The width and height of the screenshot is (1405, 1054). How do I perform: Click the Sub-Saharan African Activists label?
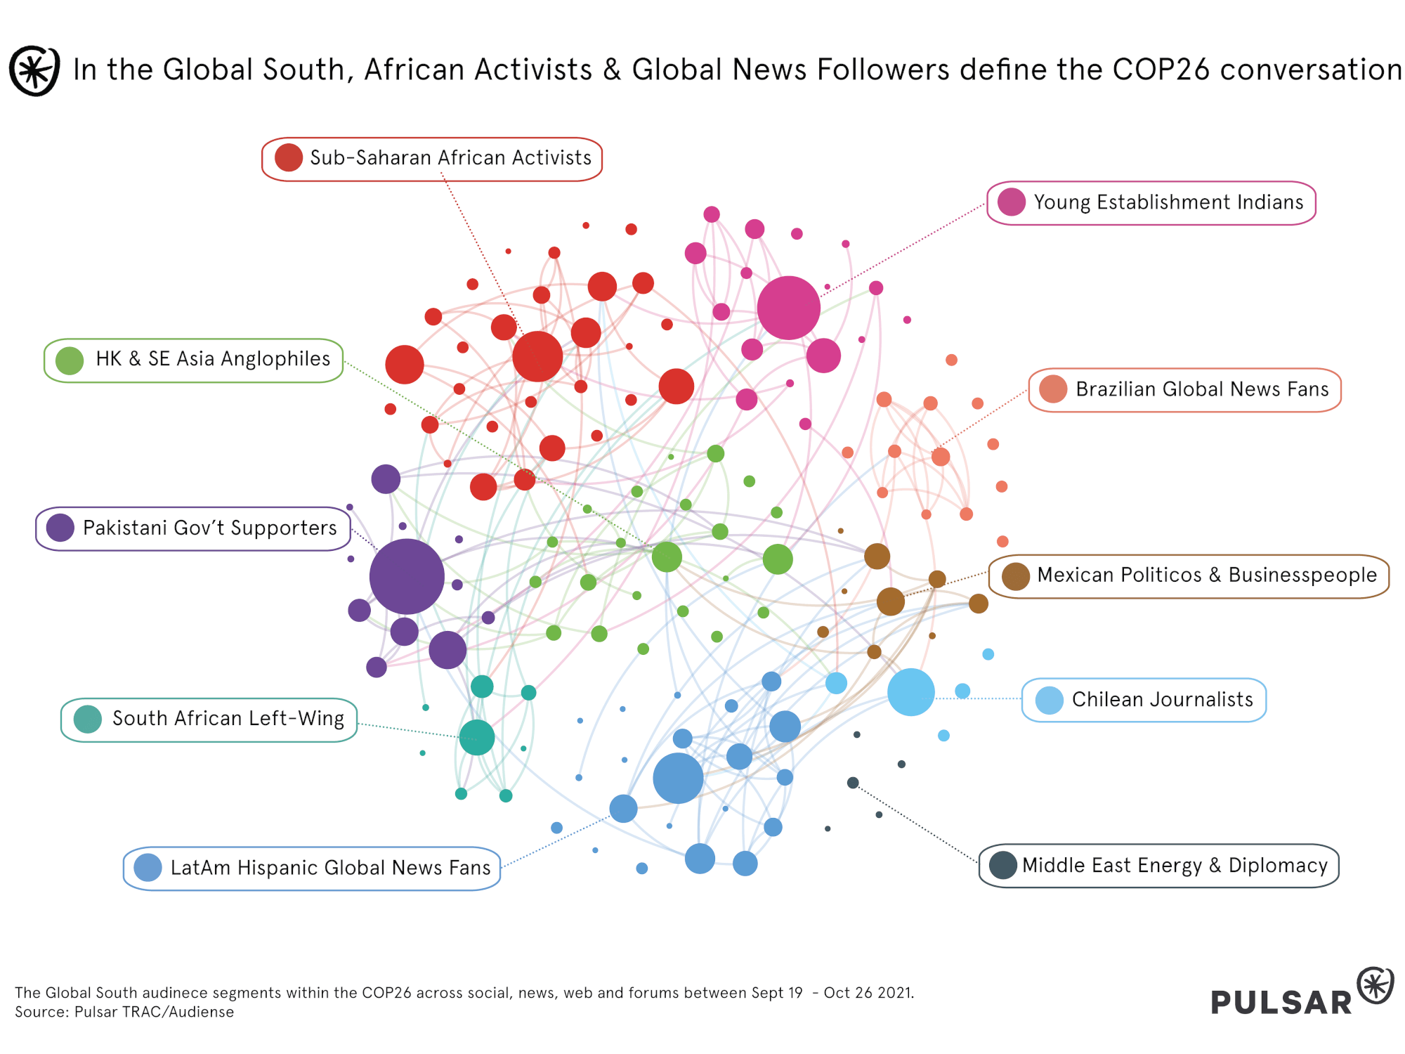pos(450,158)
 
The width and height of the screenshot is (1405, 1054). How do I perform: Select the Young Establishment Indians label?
pos(1168,202)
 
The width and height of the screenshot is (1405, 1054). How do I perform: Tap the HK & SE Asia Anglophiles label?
pos(213,359)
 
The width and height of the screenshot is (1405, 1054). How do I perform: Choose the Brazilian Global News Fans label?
pos(1201,389)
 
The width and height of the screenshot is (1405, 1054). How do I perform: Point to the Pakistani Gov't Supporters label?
pos(209,528)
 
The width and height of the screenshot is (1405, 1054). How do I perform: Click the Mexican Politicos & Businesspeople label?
pos(1206,575)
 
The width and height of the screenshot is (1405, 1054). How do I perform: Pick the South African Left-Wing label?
pos(228,719)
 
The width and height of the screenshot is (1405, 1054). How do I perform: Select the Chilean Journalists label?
pos(1162,700)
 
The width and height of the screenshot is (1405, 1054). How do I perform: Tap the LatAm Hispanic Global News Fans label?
pos(329,868)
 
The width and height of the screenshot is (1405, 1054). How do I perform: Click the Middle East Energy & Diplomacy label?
pos(1174,866)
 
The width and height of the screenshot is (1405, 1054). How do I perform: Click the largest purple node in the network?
pos(407,576)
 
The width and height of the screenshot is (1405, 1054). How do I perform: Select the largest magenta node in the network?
pos(788,308)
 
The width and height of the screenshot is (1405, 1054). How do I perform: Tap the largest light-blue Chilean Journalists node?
pos(910,692)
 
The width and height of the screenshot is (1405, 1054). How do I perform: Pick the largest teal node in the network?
pos(477,737)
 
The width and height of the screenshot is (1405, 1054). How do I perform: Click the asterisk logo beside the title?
pos(34,70)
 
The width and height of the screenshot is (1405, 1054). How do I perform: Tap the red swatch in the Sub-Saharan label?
pos(289,158)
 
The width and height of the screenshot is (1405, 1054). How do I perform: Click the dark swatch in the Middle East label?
pos(1002,865)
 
